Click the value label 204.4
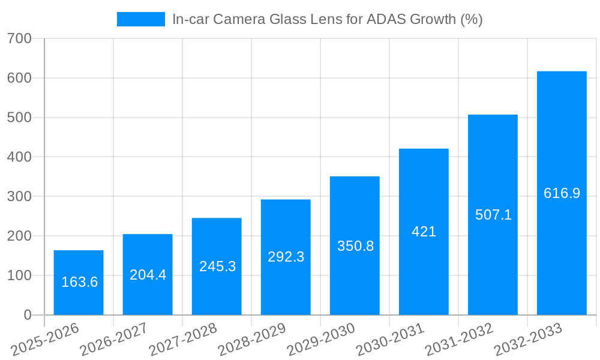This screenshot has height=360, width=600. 148,275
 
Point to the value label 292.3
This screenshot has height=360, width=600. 286,257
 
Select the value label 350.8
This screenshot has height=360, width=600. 355,246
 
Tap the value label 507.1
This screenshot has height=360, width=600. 493,215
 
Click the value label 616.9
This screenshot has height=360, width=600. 562,193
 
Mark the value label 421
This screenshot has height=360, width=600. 424,232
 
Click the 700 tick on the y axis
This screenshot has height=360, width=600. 20,39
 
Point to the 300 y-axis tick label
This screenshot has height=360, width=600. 20,197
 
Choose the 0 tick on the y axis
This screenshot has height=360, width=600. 28,315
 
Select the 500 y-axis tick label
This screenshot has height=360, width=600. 20,118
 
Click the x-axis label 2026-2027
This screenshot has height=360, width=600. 115,339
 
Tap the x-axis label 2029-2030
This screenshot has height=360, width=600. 322,339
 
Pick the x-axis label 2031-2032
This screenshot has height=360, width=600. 460,339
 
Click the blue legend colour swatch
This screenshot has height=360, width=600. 141,19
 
